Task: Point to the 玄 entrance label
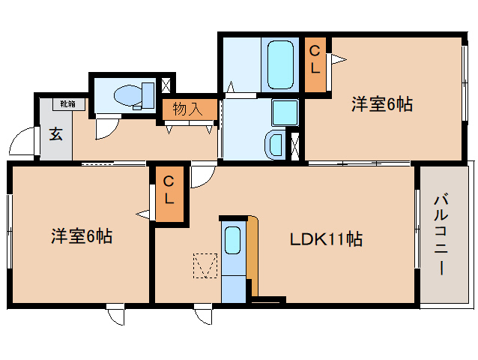[x=55, y=134]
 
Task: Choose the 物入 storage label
[x=187, y=109]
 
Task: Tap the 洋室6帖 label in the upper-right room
[x=382, y=104]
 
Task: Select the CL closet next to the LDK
[x=169, y=190]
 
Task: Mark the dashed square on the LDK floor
[x=204, y=265]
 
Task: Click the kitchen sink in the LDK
[x=232, y=240]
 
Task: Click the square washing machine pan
[x=284, y=112]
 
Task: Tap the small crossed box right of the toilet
[x=166, y=85]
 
